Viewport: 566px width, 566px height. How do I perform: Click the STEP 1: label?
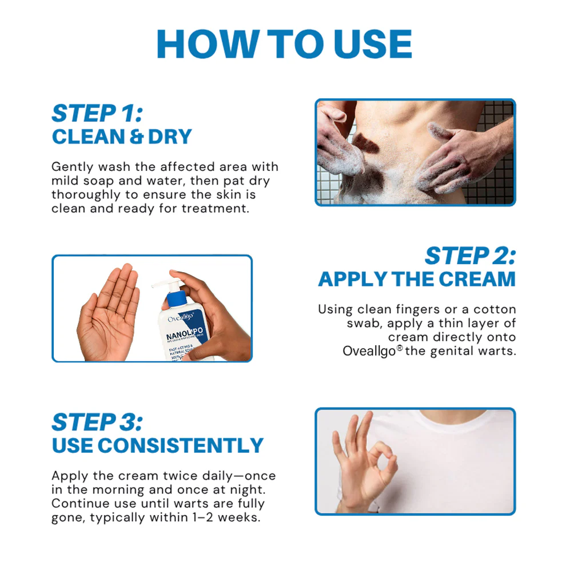[97, 113]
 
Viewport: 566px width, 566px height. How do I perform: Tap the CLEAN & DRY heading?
[121, 137]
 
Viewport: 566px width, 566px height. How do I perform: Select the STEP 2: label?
[469, 256]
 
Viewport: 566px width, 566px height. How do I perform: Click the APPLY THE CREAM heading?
[417, 280]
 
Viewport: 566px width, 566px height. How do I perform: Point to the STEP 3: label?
[97, 422]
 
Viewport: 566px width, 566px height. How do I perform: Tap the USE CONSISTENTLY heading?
[157, 445]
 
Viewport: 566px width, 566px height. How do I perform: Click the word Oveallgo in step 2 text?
[369, 351]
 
